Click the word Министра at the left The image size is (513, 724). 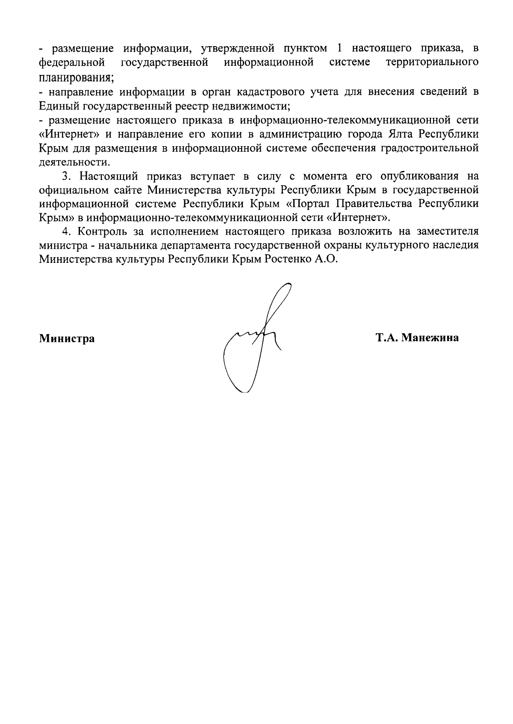click(67, 339)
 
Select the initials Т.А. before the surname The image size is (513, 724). click(387, 338)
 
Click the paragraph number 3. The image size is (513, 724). click(65, 176)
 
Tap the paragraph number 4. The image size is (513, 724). click(65, 232)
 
